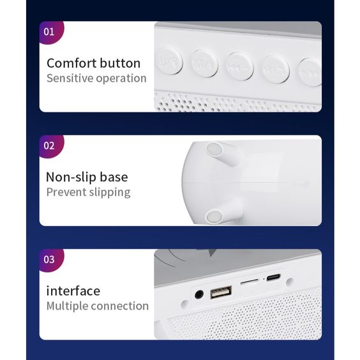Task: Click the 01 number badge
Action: click(x=49, y=31)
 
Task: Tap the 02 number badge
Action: click(x=49, y=146)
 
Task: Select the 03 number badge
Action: click(x=49, y=260)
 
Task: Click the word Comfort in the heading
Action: click(x=71, y=63)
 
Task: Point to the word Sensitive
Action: click(x=70, y=79)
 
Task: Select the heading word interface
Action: click(x=73, y=291)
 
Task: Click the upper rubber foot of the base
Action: click(x=216, y=151)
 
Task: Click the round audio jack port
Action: click(x=199, y=295)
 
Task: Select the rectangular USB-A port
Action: click(x=221, y=294)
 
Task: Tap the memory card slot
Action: click(x=249, y=280)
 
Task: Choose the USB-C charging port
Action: click(x=273, y=278)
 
